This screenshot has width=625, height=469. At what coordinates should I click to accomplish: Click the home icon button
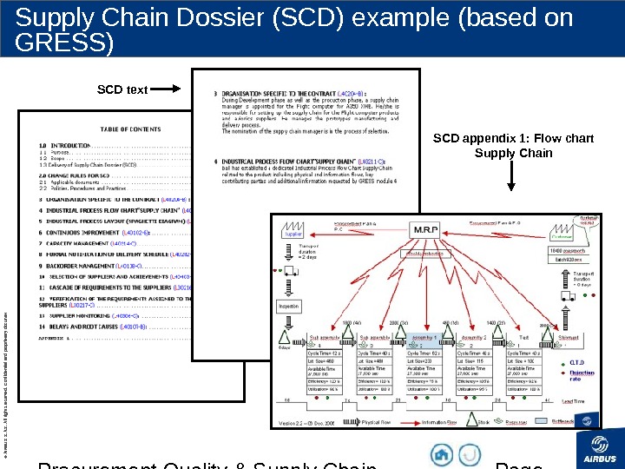tap(443, 454)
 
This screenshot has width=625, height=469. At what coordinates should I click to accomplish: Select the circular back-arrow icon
tap(470, 454)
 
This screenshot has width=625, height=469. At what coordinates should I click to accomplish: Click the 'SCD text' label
tap(122, 89)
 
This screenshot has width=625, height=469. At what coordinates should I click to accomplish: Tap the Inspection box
tap(289, 307)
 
